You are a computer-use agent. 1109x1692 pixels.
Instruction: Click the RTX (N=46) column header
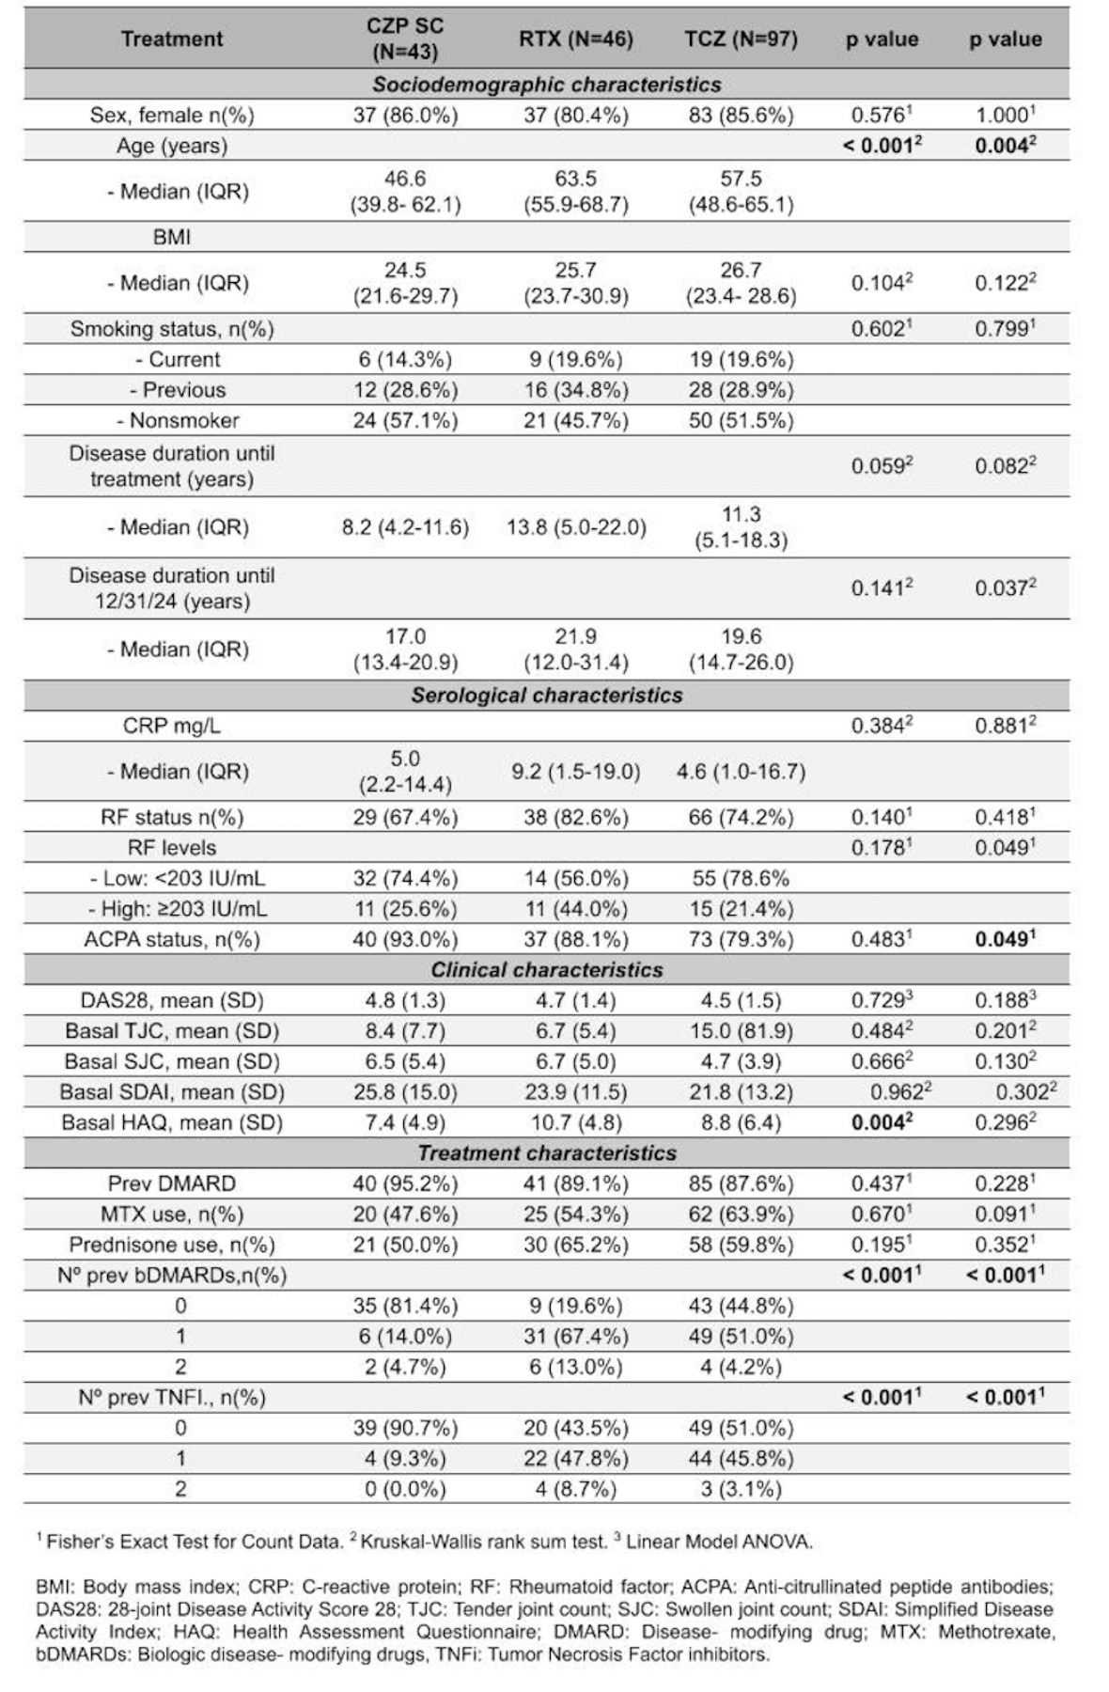tap(575, 39)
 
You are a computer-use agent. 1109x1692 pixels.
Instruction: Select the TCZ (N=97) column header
tap(741, 39)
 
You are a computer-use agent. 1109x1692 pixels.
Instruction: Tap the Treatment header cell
tap(172, 39)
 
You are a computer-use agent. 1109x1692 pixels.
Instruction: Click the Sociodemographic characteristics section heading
tap(546, 85)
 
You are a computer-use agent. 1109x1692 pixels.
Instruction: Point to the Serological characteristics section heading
tap(546, 696)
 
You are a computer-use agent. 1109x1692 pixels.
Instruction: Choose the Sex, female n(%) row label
tap(172, 116)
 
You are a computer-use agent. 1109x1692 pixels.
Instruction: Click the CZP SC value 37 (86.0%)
tap(405, 116)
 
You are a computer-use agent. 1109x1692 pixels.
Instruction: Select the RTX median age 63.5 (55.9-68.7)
tap(575, 192)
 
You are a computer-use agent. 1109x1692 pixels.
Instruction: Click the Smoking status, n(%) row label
tap(172, 329)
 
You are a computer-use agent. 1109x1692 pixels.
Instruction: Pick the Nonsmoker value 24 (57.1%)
tap(405, 420)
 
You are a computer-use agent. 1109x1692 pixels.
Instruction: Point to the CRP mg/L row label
tap(172, 726)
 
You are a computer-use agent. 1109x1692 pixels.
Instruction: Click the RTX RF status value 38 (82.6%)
tap(575, 818)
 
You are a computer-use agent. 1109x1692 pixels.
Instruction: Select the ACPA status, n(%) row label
tap(172, 939)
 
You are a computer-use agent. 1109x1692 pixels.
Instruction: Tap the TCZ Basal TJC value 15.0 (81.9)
tap(741, 1031)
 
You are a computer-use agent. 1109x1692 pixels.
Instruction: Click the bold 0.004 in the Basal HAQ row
tap(882, 1122)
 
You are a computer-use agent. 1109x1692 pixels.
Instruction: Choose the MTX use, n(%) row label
tap(172, 1214)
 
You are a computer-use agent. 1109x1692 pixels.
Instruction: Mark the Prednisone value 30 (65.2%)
tap(575, 1245)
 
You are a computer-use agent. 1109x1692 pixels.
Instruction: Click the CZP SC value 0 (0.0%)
tap(405, 1489)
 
